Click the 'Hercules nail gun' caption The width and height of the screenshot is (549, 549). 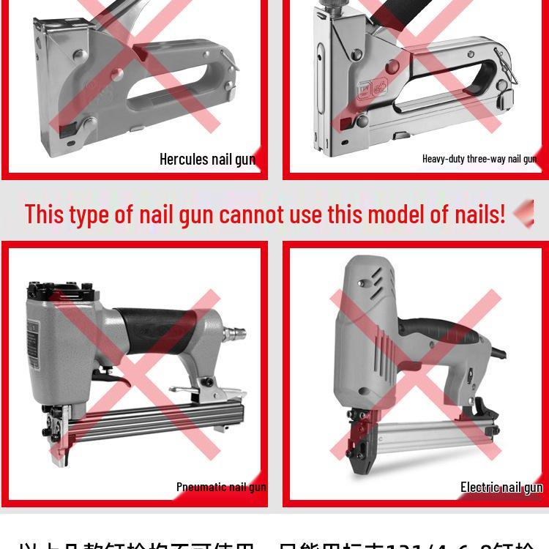207,159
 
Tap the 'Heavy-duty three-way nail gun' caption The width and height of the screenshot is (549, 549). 479,159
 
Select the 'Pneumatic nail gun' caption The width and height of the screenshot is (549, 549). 221,487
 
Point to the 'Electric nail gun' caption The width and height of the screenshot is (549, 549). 501,488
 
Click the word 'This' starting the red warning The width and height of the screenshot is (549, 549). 45,214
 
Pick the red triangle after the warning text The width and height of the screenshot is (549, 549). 524,214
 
